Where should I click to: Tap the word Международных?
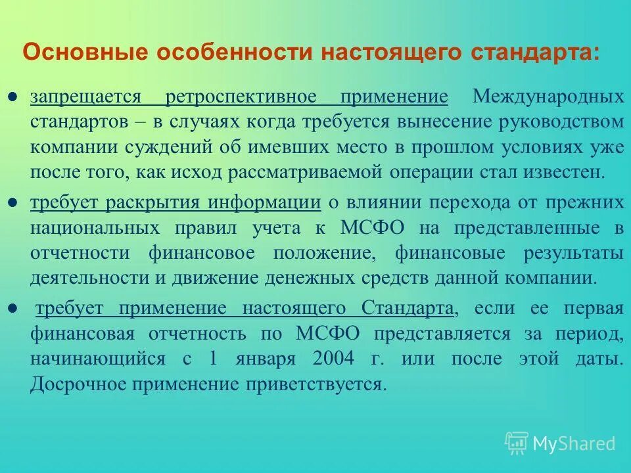coord(548,97)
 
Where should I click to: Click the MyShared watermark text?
coord(574,443)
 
